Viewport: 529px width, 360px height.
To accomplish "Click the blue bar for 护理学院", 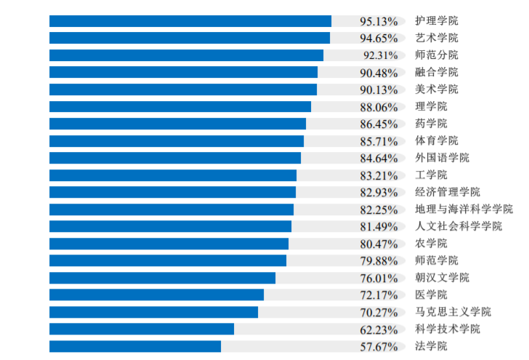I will pos(190,21).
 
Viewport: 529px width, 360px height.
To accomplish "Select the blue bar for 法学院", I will pos(134,346).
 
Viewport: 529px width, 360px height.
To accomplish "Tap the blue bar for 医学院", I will pos(156,295).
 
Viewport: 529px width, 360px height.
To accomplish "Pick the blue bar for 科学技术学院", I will pos(142,329).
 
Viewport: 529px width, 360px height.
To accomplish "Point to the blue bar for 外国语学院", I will pos(174,158).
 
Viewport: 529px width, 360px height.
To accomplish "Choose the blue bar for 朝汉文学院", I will pos(162,278).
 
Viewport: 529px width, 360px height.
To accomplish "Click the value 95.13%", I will pos(379,21).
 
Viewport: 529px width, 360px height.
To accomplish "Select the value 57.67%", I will pos(379,346).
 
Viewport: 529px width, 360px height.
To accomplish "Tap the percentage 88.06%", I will pos(379,107).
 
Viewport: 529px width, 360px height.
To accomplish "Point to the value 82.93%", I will pos(379,192).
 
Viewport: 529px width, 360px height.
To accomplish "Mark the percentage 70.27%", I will pos(379,312).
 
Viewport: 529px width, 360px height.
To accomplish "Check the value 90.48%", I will pos(379,73).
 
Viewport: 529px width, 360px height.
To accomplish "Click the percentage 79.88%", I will pos(379,260).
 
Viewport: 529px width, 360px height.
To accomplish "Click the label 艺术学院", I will pos(436,38).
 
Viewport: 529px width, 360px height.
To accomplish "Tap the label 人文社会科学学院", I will pos(458,226).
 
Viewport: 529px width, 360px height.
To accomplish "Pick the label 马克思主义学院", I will pos(453,312).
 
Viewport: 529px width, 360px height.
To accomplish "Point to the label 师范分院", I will pos(436,55).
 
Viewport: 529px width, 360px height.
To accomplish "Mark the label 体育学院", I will pos(436,141).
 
